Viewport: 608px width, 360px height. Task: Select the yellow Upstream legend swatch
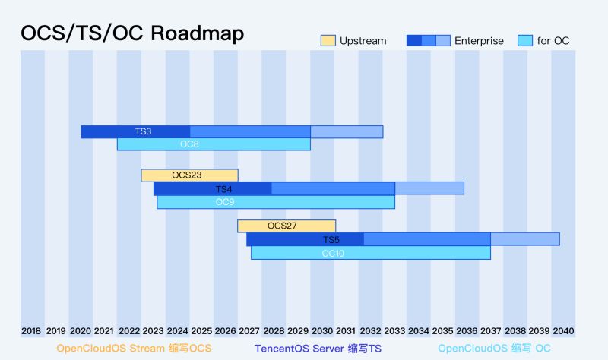tap(328, 40)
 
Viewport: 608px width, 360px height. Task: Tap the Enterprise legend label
tap(479, 41)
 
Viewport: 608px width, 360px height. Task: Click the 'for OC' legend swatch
tap(524, 40)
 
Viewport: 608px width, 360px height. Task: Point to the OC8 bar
tap(214, 144)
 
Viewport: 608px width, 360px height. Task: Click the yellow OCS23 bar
tap(189, 175)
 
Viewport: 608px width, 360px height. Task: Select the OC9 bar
tap(276, 202)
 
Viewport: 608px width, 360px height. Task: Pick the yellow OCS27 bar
tap(287, 226)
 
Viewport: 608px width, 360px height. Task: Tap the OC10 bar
tap(371, 253)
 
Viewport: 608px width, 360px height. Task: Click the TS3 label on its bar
tap(143, 131)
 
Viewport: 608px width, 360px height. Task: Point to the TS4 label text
tap(223, 189)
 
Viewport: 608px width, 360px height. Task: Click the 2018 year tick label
tap(31, 331)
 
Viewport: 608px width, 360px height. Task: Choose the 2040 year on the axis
tap(563, 331)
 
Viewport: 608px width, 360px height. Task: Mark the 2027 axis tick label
tap(249, 331)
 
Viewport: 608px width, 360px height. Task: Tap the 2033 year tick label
tap(394, 331)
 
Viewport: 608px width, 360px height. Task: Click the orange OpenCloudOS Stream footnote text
tap(134, 349)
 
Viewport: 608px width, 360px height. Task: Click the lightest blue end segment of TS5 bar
tap(525, 239)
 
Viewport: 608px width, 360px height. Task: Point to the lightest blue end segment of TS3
tap(347, 131)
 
